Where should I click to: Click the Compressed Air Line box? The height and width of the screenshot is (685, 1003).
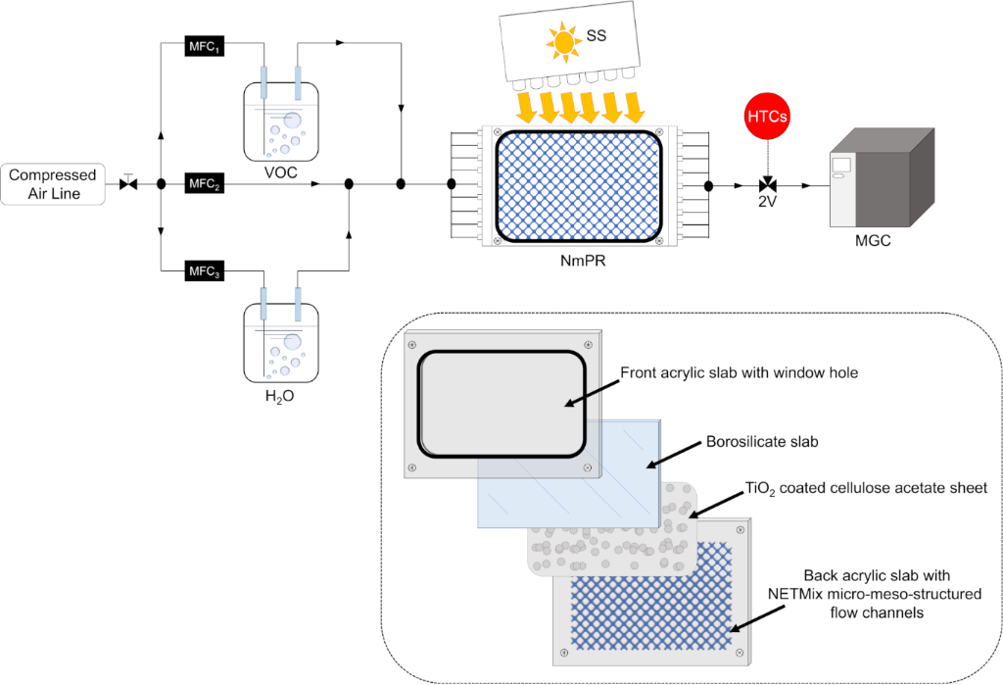[x=54, y=184]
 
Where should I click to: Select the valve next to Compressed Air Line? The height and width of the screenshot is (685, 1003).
[x=127, y=183]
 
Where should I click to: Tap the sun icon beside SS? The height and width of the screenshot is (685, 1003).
[x=564, y=41]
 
